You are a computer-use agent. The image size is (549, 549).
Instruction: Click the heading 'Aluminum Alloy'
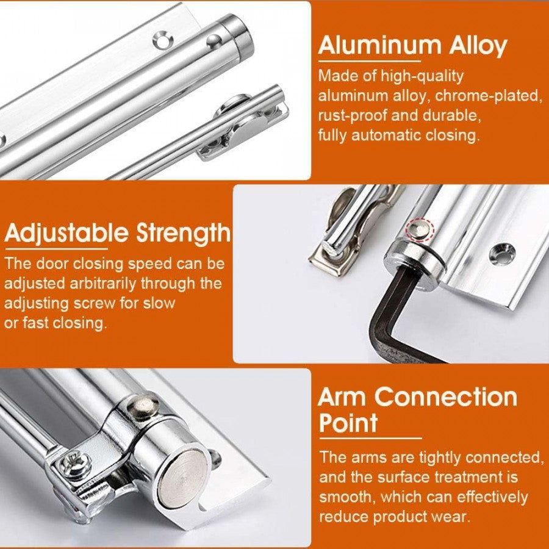(412, 46)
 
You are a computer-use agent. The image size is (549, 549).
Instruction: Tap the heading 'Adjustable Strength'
(118, 233)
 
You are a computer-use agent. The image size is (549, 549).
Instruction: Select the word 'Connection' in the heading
(445, 396)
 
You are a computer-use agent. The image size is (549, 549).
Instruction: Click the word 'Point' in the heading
(348, 422)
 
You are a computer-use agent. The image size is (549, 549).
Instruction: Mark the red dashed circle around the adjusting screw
(420, 229)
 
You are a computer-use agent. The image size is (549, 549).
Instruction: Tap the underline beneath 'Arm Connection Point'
(370, 438)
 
